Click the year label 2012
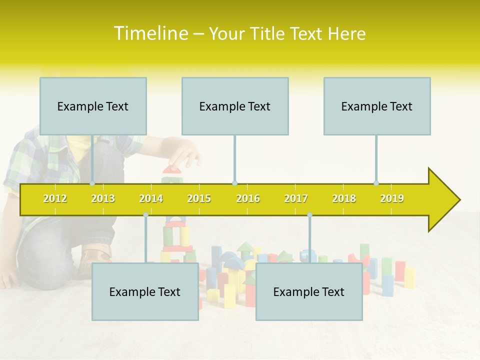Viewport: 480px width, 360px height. pyautogui.click(x=55, y=198)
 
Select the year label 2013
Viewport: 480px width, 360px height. pyautogui.click(x=103, y=198)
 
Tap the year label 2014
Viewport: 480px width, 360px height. pyautogui.click(x=151, y=198)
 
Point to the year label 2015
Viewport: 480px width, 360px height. pyautogui.click(x=199, y=198)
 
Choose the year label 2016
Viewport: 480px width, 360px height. pyautogui.click(x=248, y=198)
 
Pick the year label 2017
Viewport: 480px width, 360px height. pyautogui.click(x=296, y=198)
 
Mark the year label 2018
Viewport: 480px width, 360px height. pyautogui.click(x=344, y=198)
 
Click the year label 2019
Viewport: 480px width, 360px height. pyautogui.click(x=392, y=198)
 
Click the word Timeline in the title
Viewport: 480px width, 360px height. pyautogui.click(x=150, y=33)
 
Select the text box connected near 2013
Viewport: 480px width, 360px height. pyautogui.click(x=93, y=106)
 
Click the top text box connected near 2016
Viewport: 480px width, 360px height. pyautogui.click(x=235, y=106)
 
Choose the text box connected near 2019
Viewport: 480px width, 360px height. pyautogui.click(x=377, y=106)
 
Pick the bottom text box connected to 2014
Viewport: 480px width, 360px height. pyautogui.click(x=145, y=291)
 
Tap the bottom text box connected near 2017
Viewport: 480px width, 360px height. pyautogui.click(x=309, y=291)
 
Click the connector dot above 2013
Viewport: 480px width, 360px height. pyautogui.click(x=92, y=183)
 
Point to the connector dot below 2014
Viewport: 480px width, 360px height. pyautogui.click(x=145, y=214)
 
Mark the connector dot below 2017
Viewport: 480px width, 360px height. pyautogui.click(x=309, y=214)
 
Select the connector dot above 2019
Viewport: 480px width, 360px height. pyautogui.click(x=376, y=183)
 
